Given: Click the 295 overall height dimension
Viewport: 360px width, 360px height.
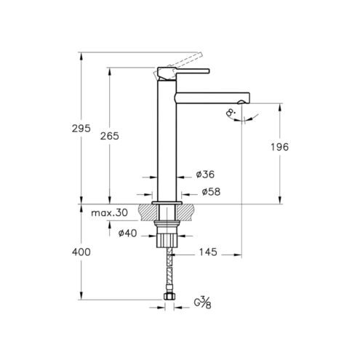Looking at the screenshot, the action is tap(81, 128).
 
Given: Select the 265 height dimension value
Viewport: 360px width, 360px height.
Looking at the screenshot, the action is tap(110, 136).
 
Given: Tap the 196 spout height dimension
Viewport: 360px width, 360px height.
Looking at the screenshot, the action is tap(279, 147).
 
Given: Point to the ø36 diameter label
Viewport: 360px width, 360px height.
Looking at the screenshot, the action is tap(205, 175).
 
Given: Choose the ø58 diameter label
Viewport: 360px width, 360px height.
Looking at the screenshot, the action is tap(211, 192).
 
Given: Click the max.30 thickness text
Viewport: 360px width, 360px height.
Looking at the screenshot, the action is tap(109, 213).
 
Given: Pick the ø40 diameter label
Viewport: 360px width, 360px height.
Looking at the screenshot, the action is tap(128, 233).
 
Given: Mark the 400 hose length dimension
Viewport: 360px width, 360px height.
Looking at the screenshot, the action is tap(81, 252).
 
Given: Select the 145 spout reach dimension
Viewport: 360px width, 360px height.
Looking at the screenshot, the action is tap(208, 252).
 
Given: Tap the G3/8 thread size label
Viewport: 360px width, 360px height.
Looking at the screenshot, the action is tap(202, 303).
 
